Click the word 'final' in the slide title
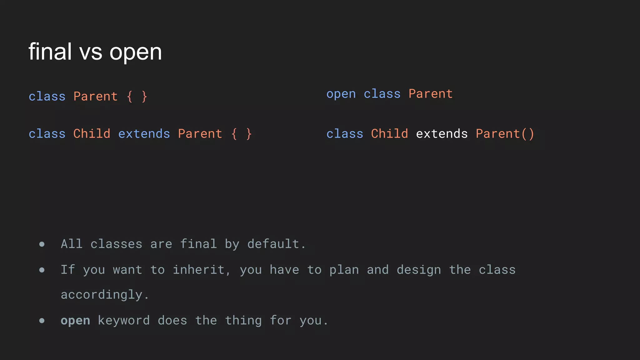point(50,52)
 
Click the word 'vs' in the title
point(91,52)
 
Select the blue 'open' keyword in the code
point(341,94)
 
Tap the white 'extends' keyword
point(442,134)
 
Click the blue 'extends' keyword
point(144,134)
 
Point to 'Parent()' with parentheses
point(505,134)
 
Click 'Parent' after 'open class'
point(431,94)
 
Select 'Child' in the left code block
point(92,134)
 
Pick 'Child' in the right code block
point(389,134)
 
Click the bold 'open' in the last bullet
point(75,321)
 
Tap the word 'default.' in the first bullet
point(277,244)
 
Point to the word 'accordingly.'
point(105,295)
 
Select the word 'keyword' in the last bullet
point(124,321)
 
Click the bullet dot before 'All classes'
point(42,244)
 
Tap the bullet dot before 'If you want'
point(42,270)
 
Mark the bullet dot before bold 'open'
point(42,321)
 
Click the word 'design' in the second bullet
point(419,270)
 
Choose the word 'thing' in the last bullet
point(243,321)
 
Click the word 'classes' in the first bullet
point(116,244)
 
